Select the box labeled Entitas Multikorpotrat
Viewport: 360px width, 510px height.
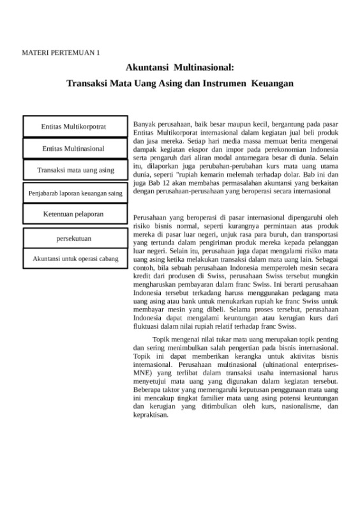[73, 126]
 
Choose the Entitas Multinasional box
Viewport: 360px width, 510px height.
[73, 148]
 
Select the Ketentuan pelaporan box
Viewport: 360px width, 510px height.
[73, 214]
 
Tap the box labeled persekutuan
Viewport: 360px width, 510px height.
[74, 238]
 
